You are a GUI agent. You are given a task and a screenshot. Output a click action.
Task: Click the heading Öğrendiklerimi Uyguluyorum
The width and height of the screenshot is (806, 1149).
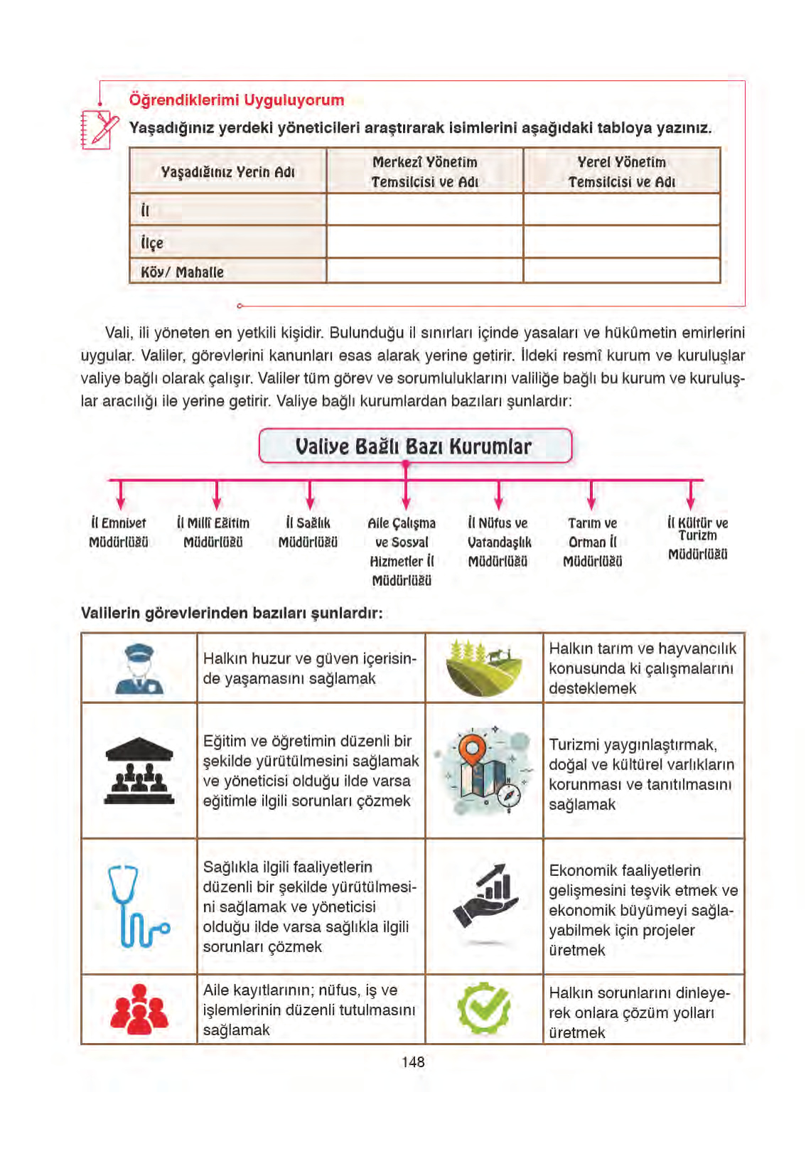[236, 100]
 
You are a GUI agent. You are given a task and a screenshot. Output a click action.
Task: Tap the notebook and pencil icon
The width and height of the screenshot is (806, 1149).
[99, 129]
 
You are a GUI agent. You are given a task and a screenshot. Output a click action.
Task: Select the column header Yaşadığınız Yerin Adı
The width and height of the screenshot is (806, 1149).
[227, 171]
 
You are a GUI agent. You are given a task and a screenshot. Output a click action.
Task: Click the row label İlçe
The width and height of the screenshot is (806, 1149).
[152, 242]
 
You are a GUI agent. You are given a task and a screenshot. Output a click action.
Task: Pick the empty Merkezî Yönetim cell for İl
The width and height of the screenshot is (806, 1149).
[424, 210]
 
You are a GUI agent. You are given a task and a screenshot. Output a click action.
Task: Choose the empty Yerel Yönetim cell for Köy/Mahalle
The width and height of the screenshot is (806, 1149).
[621, 271]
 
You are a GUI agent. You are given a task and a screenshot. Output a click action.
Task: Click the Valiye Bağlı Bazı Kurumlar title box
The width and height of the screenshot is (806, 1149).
[414, 446]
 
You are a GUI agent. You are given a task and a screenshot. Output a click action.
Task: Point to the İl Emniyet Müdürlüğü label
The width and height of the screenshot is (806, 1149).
[119, 533]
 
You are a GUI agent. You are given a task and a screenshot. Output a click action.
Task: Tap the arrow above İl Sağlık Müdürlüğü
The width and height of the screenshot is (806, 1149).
[310, 495]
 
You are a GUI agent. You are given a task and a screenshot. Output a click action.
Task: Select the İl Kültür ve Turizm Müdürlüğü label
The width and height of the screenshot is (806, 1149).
[697, 538]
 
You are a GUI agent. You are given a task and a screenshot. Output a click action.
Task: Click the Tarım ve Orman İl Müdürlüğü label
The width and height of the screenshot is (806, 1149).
[593, 542]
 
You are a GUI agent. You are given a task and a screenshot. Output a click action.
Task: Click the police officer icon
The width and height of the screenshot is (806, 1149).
[139, 668]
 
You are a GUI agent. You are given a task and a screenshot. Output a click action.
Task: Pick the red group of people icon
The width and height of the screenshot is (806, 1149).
[139, 1008]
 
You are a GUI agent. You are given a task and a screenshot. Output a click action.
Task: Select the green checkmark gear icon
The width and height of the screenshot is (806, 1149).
[483, 1008]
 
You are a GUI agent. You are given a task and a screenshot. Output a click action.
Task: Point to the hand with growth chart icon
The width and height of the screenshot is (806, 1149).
[486, 896]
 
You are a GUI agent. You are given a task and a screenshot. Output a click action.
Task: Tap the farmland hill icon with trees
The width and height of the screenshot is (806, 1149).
[484, 668]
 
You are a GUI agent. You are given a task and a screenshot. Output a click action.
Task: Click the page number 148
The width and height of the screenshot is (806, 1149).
[412, 1062]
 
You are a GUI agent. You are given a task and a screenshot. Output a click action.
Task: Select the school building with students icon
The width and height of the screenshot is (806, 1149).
[139, 771]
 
